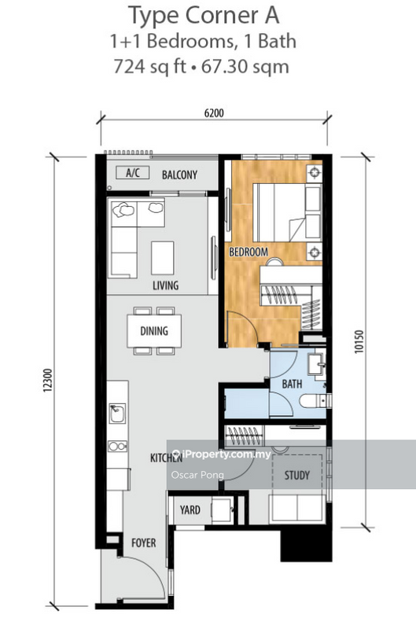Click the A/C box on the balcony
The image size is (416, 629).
point(133,173)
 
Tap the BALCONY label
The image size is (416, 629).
point(179,175)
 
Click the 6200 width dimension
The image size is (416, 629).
point(214,113)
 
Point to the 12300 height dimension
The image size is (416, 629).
point(48,380)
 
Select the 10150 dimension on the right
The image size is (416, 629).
point(359,341)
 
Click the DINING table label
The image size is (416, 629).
point(154,331)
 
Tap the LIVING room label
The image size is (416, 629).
point(165,285)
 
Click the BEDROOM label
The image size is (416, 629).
point(248,252)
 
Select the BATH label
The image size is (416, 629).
point(292,384)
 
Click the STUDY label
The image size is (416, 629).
point(296,476)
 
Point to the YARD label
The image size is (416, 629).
point(190,509)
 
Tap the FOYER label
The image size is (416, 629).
point(144,543)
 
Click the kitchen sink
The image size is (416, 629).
point(117,414)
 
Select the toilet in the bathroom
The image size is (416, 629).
point(315,401)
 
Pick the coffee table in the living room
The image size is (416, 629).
point(163,258)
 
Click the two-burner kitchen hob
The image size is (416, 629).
point(117,446)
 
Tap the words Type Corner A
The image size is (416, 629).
point(204,16)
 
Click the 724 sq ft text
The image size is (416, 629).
point(150,67)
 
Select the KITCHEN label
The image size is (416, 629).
point(166,458)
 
